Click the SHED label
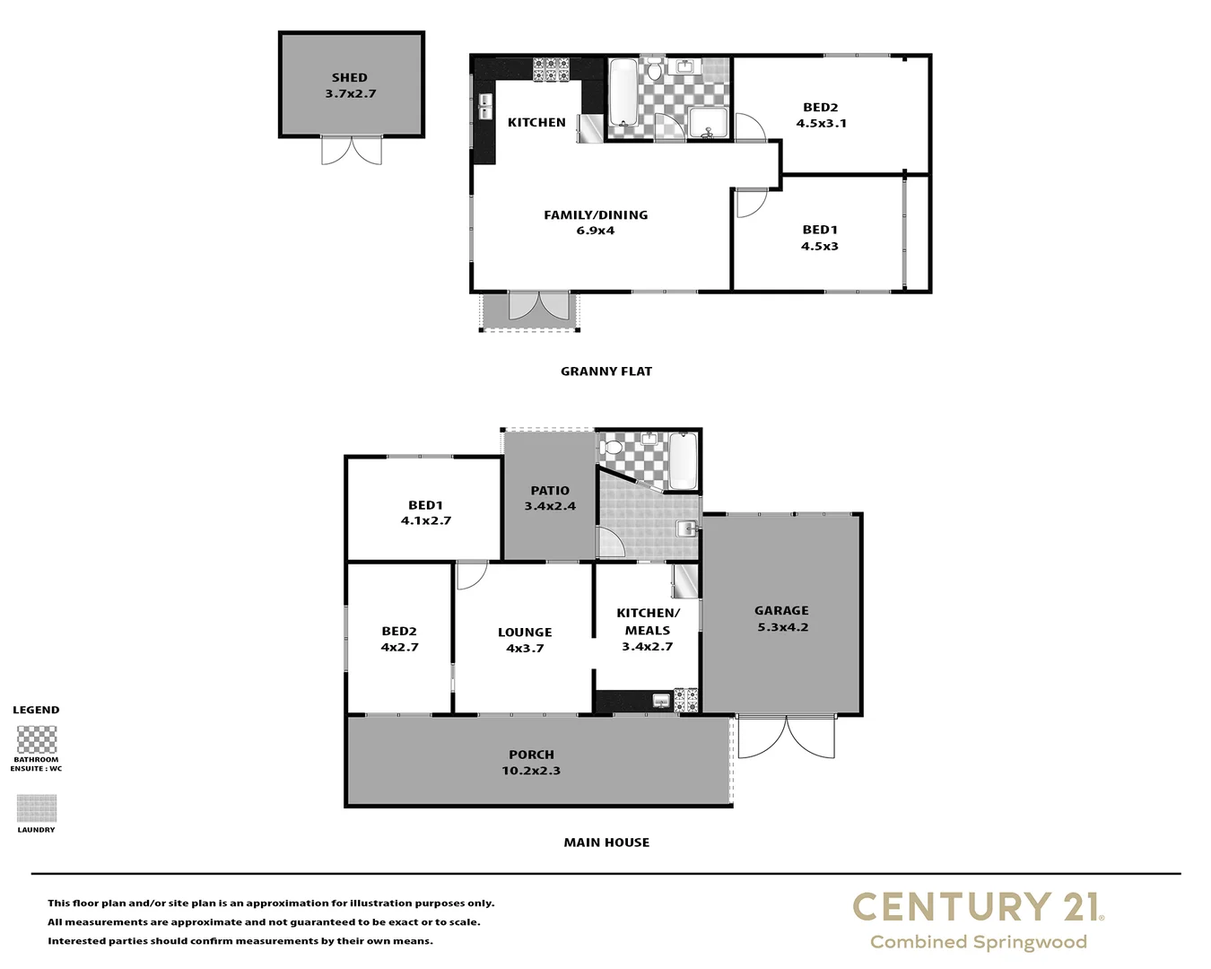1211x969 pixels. tap(349, 78)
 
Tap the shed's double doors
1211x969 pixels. tap(352, 150)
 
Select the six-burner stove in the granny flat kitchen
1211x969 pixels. tap(551, 70)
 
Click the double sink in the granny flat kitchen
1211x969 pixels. tap(484, 107)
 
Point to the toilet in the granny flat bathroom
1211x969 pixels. tap(655, 70)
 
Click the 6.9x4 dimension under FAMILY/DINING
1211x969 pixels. tap(595, 231)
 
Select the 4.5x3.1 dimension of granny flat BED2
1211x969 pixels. tap(821, 124)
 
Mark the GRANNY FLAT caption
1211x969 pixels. tap(605, 371)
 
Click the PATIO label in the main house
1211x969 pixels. tap(550, 491)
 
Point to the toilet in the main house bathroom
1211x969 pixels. tap(614, 445)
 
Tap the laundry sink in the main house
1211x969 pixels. tap(687, 528)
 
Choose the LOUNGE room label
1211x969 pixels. tap(525, 633)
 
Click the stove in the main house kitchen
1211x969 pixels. tap(685, 700)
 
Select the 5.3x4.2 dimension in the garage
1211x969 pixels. tap(781, 627)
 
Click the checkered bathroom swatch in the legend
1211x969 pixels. tap(37, 740)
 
